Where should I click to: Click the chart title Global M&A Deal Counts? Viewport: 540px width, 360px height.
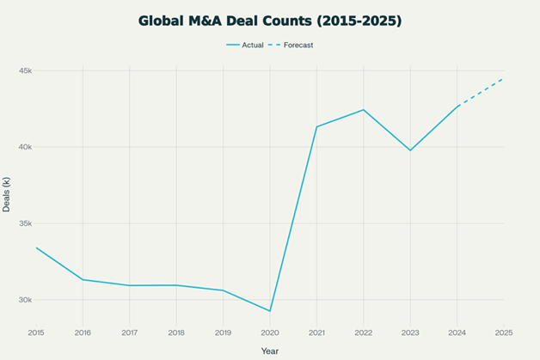click(270, 19)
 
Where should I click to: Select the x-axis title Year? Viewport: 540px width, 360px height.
click(270, 350)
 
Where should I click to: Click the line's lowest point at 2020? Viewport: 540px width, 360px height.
click(270, 311)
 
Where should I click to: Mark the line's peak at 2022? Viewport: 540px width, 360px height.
click(364, 110)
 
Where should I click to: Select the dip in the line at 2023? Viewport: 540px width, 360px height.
click(410, 150)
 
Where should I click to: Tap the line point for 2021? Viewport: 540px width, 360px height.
click(316, 126)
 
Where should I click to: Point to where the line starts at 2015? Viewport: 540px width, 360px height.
click(36, 247)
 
